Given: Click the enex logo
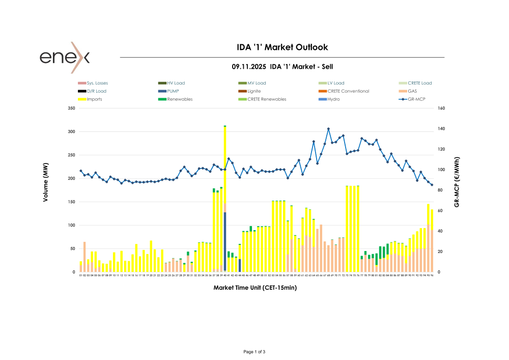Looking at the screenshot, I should click(65, 57).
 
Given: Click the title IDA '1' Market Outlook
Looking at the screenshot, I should click(282, 47).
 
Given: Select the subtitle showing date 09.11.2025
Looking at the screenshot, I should click(282, 67).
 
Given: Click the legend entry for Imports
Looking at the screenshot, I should click(94, 99).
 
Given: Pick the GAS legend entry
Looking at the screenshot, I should click(412, 91).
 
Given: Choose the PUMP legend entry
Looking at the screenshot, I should click(173, 91).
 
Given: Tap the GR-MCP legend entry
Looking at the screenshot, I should click(417, 99).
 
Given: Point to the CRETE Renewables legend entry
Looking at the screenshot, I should click(266, 99).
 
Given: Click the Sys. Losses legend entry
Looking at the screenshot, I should click(97, 83).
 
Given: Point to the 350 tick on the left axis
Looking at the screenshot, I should click(71, 108).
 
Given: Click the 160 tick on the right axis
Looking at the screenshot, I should click(441, 108).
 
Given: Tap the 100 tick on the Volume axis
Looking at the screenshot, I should click(71, 225).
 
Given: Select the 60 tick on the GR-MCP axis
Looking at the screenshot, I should click(440, 211).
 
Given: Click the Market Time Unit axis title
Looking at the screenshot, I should click(255, 288).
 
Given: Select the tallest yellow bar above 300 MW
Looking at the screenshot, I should click(225, 163).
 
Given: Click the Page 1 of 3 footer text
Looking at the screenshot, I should click(254, 352).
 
